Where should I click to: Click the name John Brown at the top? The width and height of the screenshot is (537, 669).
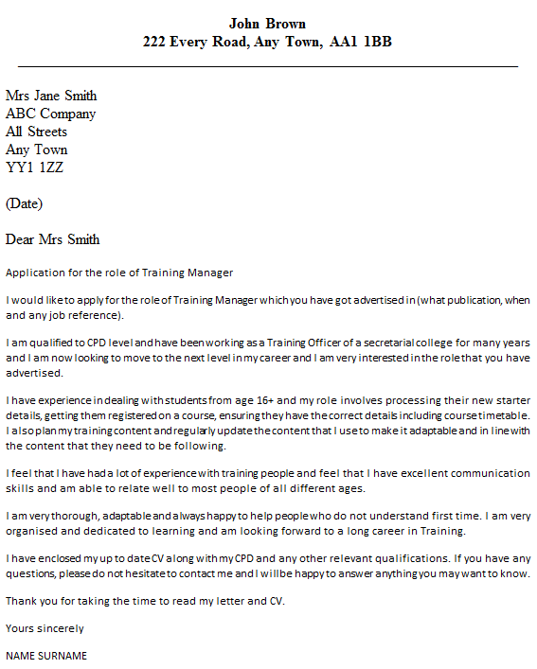[268, 23]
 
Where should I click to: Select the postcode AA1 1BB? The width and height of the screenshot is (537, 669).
[363, 42]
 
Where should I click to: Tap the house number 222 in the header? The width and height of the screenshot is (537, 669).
[156, 42]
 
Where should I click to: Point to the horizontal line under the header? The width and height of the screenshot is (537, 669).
[268, 66]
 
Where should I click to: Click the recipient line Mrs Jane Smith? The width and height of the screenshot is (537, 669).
[51, 96]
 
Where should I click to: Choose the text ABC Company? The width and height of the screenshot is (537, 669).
[50, 114]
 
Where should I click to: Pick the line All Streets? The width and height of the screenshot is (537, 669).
[37, 132]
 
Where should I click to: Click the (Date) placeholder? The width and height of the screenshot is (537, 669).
[24, 203]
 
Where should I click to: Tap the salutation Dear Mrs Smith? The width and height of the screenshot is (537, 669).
[52, 239]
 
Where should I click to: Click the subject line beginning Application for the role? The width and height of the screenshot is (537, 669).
[119, 273]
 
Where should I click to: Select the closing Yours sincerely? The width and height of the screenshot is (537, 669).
[45, 628]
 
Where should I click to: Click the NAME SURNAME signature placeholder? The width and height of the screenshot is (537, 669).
[46, 655]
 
